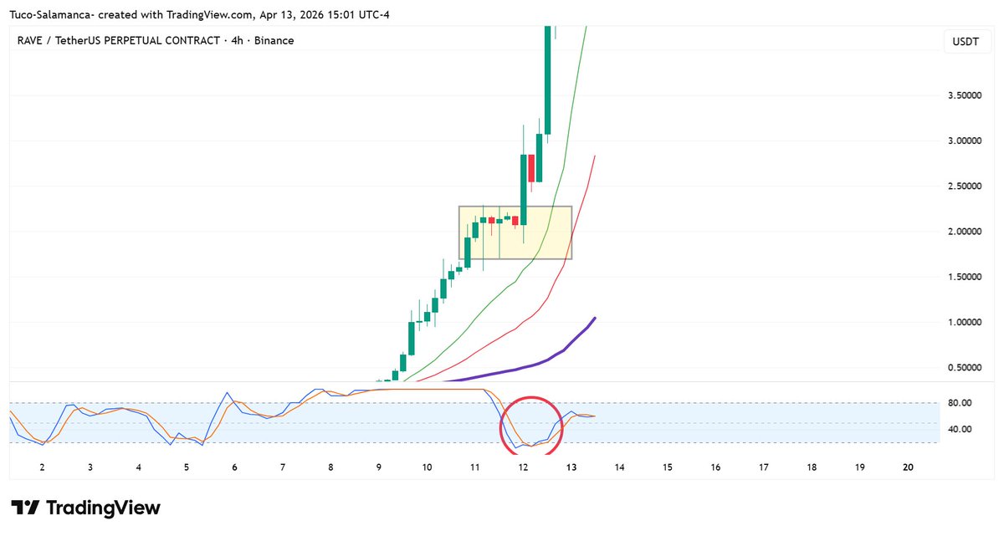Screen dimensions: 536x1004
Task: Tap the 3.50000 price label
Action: pyautogui.click(x=965, y=96)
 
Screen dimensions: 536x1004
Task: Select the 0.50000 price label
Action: pyautogui.click(x=965, y=367)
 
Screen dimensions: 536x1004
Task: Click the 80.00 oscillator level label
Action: pyautogui.click(x=960, y=403)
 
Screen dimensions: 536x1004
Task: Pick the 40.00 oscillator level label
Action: pyautogui.click(x=960, y=430)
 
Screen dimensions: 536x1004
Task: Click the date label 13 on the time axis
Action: pyautogui.click(x=571, y=468)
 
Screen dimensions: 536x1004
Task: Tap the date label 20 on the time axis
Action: pyautogui.click(x=909, y=468)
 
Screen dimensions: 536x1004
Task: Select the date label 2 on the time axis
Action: pyautogui.click(x=42, y=468)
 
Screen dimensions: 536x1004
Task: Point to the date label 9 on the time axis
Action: pyautogui.click(x=379, y=468)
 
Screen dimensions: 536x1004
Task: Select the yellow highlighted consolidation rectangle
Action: pyautogui.click(x=515, y=232)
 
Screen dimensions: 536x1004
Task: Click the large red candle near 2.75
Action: pyautogui.click(x=530, y=167)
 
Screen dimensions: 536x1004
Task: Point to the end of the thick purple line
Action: pyautogui.click(x=594, y=318)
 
